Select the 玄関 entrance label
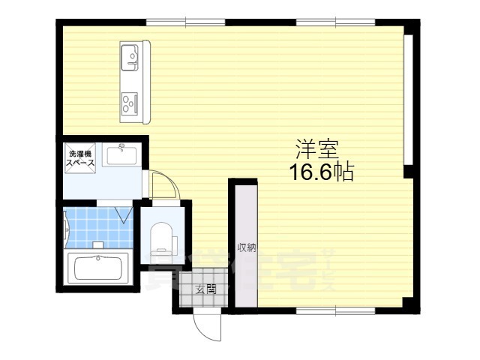(205, 289)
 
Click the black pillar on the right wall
(409, 172)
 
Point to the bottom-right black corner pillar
(408, 305)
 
